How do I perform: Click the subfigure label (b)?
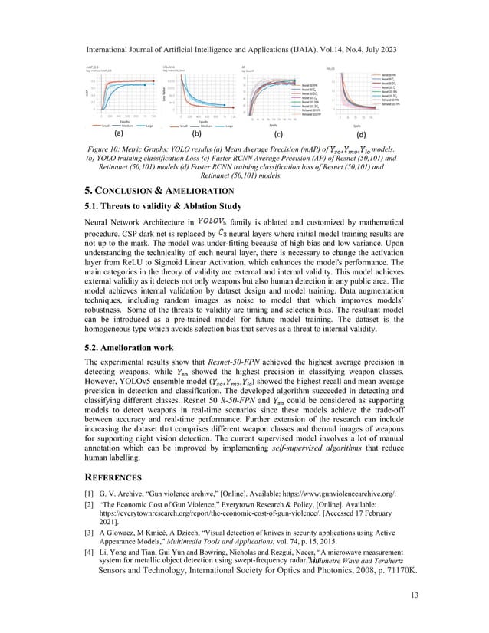(x=195, y=133)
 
